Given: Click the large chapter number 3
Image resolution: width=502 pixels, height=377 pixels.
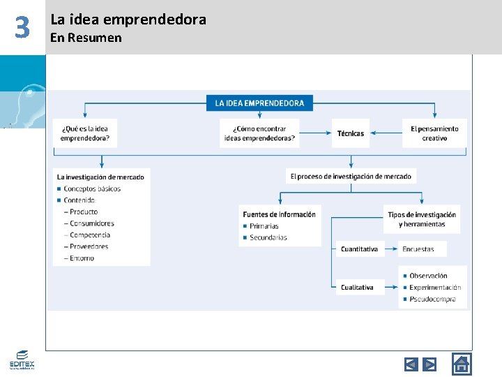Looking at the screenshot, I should [22, 28].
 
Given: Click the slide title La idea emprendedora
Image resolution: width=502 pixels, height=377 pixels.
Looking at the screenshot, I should [128, 20].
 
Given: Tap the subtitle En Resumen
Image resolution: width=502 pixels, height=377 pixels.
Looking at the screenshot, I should [86, 38].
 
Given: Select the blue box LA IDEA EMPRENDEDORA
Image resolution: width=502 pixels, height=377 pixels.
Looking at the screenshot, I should [259, 103].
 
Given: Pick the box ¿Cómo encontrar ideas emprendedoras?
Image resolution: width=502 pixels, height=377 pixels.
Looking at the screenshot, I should [259, 133].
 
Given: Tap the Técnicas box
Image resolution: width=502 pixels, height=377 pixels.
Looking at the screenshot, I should [351, 133].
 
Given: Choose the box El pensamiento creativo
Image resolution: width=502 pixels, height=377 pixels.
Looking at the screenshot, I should [434, 133].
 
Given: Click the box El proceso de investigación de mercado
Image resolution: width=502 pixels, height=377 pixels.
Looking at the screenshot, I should [351, 177].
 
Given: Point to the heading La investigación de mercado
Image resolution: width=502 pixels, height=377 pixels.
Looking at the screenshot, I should [100, 177].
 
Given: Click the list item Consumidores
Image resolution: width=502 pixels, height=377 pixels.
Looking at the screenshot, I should [92, 223].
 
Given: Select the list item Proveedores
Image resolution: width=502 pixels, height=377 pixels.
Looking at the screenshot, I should [89, 246].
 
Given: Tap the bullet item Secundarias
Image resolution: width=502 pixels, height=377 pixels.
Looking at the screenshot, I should [268, 237].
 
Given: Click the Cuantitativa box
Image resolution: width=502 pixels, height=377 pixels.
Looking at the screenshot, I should [360, 249].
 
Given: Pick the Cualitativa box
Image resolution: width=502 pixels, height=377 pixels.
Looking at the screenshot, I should [357, 287].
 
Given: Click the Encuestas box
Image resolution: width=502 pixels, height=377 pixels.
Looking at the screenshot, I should [418, 249].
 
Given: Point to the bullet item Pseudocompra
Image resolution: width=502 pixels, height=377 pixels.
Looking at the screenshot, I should [432, 299].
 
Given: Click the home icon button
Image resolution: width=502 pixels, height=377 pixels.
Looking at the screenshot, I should [462, 364].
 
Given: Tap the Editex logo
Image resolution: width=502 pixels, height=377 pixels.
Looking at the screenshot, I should [22, 360].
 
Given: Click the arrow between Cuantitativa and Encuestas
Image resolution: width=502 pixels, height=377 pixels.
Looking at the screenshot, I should [391, 249].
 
